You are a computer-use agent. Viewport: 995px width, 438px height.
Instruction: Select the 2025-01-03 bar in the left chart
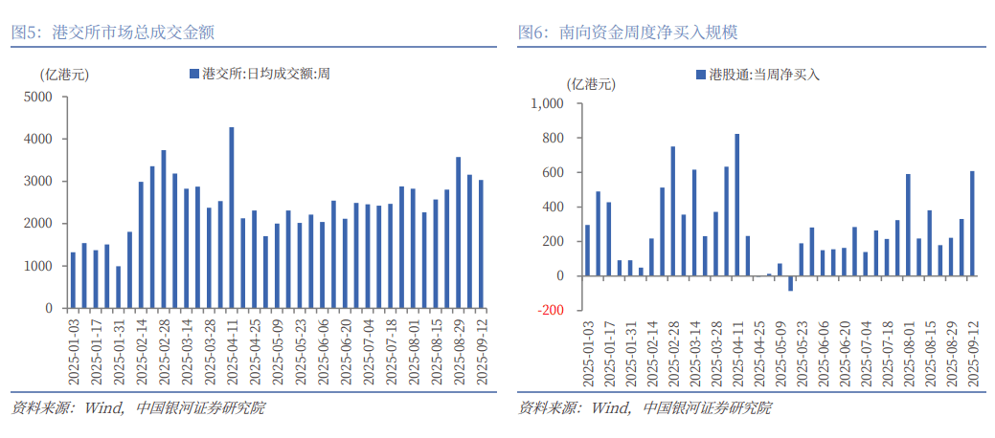coord(73,280)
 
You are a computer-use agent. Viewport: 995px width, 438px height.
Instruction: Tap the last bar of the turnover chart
coord(481,244)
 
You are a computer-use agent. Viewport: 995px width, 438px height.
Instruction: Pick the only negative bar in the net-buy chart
coord(790,283)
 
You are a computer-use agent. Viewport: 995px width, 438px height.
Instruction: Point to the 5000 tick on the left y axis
coord(39,97)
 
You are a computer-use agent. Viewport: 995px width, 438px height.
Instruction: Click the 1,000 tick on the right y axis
coord(550,103)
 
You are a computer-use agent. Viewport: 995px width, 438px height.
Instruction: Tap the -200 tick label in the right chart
coord(552,311)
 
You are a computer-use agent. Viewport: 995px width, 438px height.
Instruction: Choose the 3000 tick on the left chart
coord(39,182)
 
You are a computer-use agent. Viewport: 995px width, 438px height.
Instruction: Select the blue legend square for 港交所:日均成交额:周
coord(194,73)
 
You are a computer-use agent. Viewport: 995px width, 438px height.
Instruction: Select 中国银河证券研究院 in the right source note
coord(707,408)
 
